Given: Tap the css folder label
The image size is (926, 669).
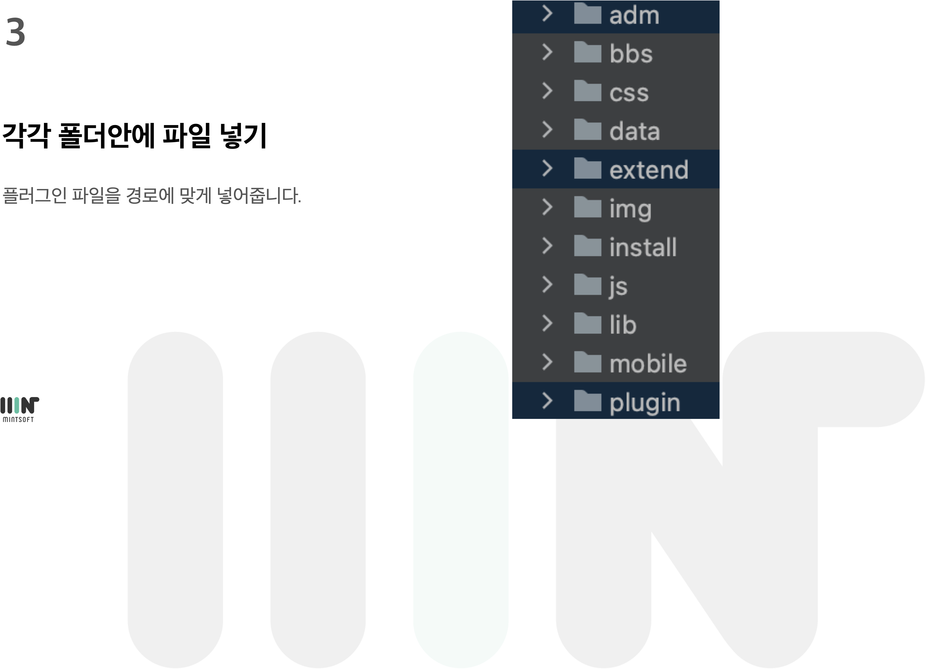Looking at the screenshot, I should tap(629, 93).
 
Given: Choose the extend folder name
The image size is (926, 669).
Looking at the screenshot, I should tap(648, 170).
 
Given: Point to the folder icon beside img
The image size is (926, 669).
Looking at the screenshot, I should tap(587, 207).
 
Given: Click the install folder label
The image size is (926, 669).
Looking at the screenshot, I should tap(643, 247).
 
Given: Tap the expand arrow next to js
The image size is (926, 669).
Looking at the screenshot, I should tap(547, 285).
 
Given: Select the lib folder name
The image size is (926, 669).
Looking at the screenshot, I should tap(623, 325).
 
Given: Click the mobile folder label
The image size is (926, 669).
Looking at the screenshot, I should tap(648, 364).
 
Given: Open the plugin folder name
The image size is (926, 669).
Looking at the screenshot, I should tap(645, 403).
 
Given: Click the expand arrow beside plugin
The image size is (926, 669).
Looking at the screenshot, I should tap(547, 401).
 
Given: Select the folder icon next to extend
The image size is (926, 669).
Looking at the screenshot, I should tap(587, 169).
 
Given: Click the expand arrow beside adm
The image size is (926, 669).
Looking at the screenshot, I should tap(547, 14).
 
